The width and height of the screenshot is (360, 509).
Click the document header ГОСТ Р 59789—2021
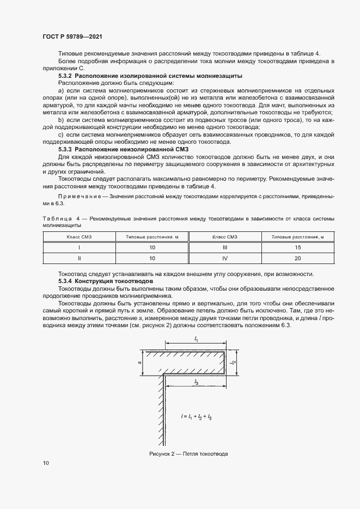click(72, 36)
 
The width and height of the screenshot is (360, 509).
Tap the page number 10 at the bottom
click(45, 463)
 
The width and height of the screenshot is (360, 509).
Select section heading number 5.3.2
click(65, 76)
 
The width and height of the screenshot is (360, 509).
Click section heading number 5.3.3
click(65, 149)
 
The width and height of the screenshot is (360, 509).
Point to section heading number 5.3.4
click(65, 280)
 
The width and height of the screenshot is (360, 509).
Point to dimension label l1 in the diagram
click(196, 339)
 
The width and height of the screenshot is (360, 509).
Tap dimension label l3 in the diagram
click(196, 383)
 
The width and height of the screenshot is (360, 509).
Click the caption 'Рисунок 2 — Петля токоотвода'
click(188, 453)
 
